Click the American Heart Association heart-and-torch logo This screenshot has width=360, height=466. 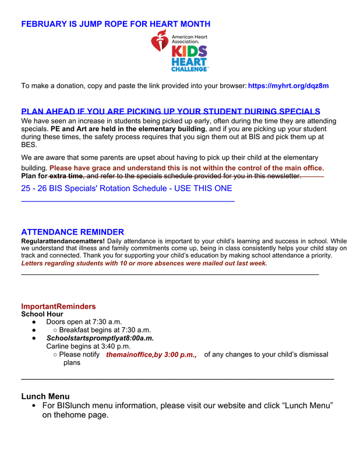coord(160,41)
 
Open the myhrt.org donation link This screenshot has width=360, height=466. coord(288,86)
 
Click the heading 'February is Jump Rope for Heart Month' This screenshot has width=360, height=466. coord(116,24)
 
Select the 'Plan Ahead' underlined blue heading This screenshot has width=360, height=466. coord(171,111)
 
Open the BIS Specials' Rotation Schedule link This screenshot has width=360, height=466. coord(126,188)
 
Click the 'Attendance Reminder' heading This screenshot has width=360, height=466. coord(72,232)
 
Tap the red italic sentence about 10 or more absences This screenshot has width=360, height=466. coord(144,263)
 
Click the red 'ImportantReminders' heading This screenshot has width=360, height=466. coord(58,306)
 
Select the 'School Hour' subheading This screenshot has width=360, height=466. coord(42,315)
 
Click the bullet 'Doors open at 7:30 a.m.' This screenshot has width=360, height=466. coord(84,322)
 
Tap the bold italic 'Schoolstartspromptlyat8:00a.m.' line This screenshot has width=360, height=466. coord(100,338)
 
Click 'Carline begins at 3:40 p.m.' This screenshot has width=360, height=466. coord(88,347)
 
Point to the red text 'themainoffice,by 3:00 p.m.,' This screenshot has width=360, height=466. coord(151,355)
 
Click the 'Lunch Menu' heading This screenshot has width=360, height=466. coord(45,397)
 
